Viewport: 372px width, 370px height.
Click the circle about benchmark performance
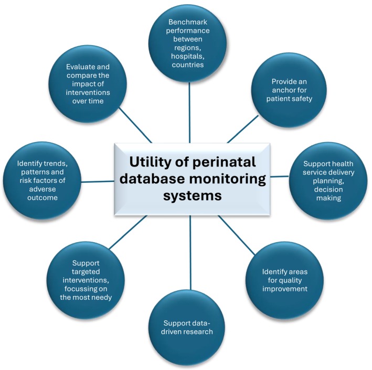(189, 44)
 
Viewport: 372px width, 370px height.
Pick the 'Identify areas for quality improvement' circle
(285, 280)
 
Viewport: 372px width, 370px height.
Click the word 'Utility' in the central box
(145, 162)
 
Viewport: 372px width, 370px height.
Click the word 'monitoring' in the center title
(229, 179)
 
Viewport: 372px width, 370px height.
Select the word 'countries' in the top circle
(189, 65)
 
